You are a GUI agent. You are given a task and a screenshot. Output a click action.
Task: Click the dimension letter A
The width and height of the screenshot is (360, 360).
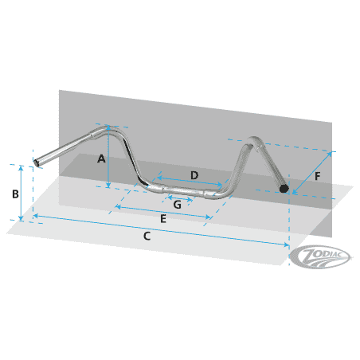coord(101,158)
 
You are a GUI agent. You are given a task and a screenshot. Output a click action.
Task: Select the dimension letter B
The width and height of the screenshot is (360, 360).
coord(14,194)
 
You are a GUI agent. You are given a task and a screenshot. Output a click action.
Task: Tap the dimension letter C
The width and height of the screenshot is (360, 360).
coord(147,236)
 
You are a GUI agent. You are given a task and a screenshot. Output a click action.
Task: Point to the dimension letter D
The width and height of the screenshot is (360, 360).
coord(194,174)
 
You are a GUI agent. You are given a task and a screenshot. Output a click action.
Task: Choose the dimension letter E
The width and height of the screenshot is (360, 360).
coord(163,218)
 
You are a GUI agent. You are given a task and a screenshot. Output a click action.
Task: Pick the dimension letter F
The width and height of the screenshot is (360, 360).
coord(319,177)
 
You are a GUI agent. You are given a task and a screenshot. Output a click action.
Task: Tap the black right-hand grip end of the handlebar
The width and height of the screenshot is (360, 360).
coord(284,188)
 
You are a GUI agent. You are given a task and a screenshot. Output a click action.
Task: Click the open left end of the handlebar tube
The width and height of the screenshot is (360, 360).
coord(36,164)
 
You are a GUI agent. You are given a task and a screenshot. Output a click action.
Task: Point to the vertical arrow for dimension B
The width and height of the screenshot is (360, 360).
coord(22,192)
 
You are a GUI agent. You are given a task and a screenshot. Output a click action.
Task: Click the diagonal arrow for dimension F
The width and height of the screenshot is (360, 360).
coord(312,171)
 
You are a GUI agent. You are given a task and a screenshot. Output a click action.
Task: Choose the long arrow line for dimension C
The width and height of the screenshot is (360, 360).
coord(159,230)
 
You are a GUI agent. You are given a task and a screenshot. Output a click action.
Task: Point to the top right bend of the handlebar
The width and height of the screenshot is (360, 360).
coord(252,140)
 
